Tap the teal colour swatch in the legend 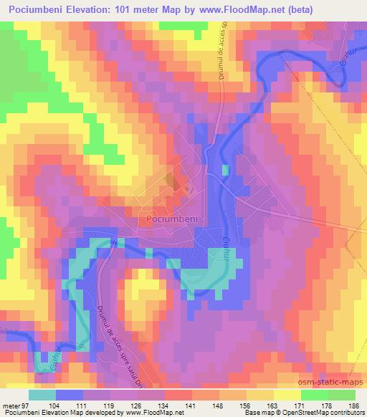pyautogui.click(x=42, y=395)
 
